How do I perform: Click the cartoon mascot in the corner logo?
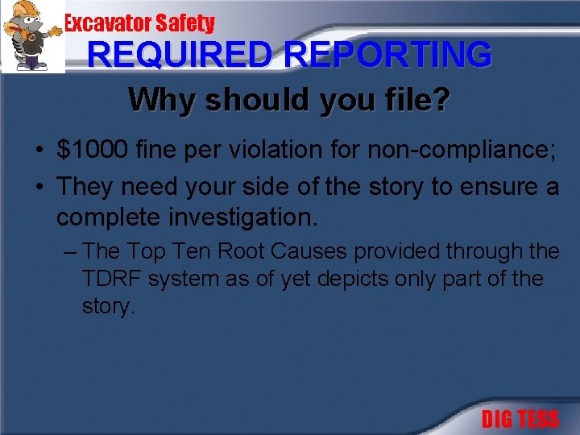point(32,36)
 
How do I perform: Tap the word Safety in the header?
point(186,23)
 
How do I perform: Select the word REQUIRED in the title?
point(182,55)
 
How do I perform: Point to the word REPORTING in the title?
point(388,55)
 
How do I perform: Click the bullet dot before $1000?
point(39,151)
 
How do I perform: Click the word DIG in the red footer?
point(497,420)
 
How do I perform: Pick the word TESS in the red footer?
point(537,420)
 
